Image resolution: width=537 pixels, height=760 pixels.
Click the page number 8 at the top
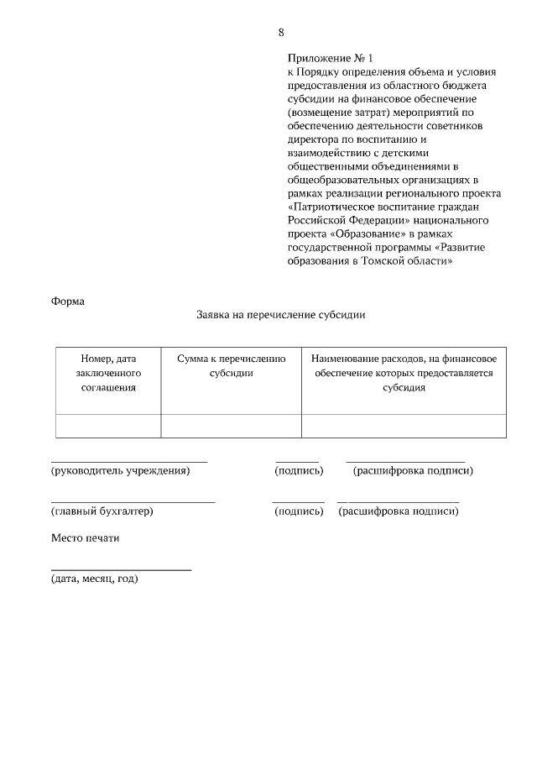pyautogui.click(x=281, y=33)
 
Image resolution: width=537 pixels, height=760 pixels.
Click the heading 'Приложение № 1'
pyautogui.click(x=324, y=59)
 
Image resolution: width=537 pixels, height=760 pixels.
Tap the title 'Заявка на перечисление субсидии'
pyautogui.click(x=280, y=317)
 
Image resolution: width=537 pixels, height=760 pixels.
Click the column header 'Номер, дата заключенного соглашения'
pyautogui.click(x=107, y=373)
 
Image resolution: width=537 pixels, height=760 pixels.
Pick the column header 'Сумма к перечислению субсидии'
pyautogui.click(x=231, y=365)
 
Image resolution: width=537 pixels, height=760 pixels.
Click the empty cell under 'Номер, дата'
pyautogui.click(x=107, y=426)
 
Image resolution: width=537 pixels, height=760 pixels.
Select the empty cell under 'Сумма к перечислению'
pyautogui.click(x=231, y=426)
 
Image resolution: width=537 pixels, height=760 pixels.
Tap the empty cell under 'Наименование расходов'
pyautogui.click(x=404, y=426)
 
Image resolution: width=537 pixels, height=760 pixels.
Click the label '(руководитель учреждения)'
pyautogui.click(x=121, y=471)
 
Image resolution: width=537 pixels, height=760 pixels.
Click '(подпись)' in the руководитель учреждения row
pyautogui.click(x=299, y=471)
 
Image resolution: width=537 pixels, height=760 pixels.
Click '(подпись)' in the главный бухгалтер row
pyautogui.click(x=299, y=511)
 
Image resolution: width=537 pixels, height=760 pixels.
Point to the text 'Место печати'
pyautogui.click(x=86, y=538)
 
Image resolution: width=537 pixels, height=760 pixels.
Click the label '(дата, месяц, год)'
pyautogui.click(x=95, y=579)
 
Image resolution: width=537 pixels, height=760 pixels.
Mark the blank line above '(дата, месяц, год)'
pyautogui.click(x=121, y=570)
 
